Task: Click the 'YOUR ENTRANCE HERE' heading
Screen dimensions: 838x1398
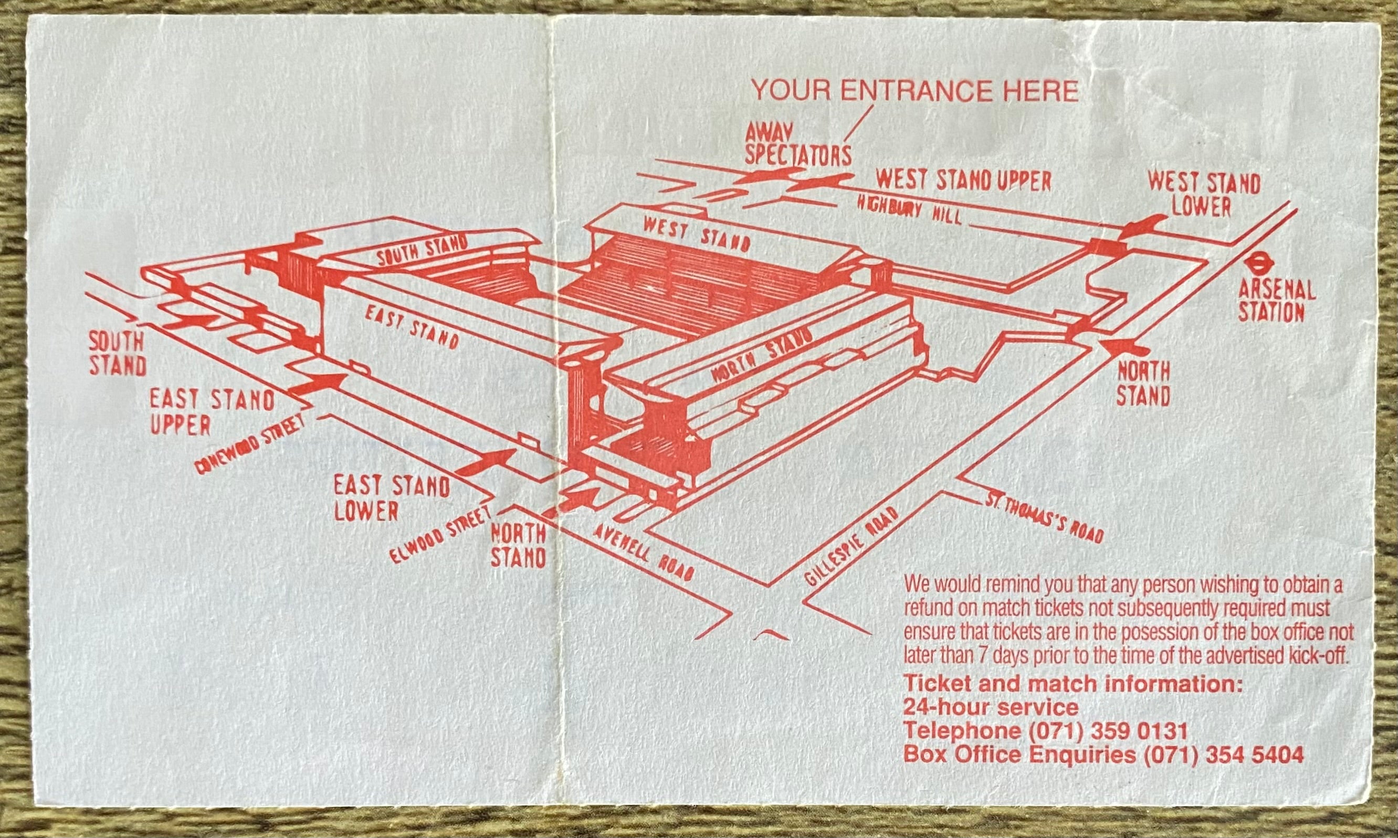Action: [x=915, y=91]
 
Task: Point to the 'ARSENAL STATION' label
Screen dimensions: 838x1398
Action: [x=1276, y=301]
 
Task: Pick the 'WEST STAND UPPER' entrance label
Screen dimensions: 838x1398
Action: [x=963, y=181]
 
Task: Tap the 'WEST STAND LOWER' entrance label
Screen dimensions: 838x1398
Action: [x=1204, y=194]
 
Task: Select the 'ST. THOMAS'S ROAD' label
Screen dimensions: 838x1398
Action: [x=1044, y=518]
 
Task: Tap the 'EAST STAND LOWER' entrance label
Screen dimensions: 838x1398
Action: [x=392, y=498]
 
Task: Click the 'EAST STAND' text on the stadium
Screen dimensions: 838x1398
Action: [x=411, y=327]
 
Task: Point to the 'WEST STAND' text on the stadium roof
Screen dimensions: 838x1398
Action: [x=697, y=235]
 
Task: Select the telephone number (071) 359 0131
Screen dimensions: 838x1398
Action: [x=1108, y=731]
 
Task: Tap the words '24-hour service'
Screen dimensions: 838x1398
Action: [x=991, y=707]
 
